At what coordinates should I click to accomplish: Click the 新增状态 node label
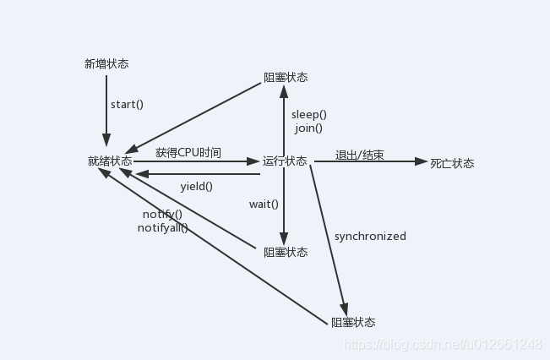coord(106,63)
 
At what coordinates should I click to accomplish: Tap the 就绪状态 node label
coord(110,161)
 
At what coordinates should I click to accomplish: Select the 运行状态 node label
coord(285,161)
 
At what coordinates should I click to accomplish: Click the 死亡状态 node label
coord(452,163)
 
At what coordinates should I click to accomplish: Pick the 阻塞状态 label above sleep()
coord(285,77)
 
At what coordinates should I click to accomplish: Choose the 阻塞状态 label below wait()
coord(285,252)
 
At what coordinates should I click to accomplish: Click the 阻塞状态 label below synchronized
coord(352,322)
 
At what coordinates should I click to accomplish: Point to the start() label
coord(128,105)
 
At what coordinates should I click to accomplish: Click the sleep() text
coord(308,114)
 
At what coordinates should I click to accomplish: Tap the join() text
coord(308,128)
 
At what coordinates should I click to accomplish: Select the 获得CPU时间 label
coord(188,153)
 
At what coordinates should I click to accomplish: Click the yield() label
coord(196,186)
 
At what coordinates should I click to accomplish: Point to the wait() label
coord(264,204)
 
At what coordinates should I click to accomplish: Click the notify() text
coord(162,214)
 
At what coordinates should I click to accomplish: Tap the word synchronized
coord(370,237)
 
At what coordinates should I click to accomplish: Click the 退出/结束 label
coord(359,155)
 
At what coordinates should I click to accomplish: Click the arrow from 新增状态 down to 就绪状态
coord(106,110)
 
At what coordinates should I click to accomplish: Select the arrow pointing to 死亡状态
coord(372,161)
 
